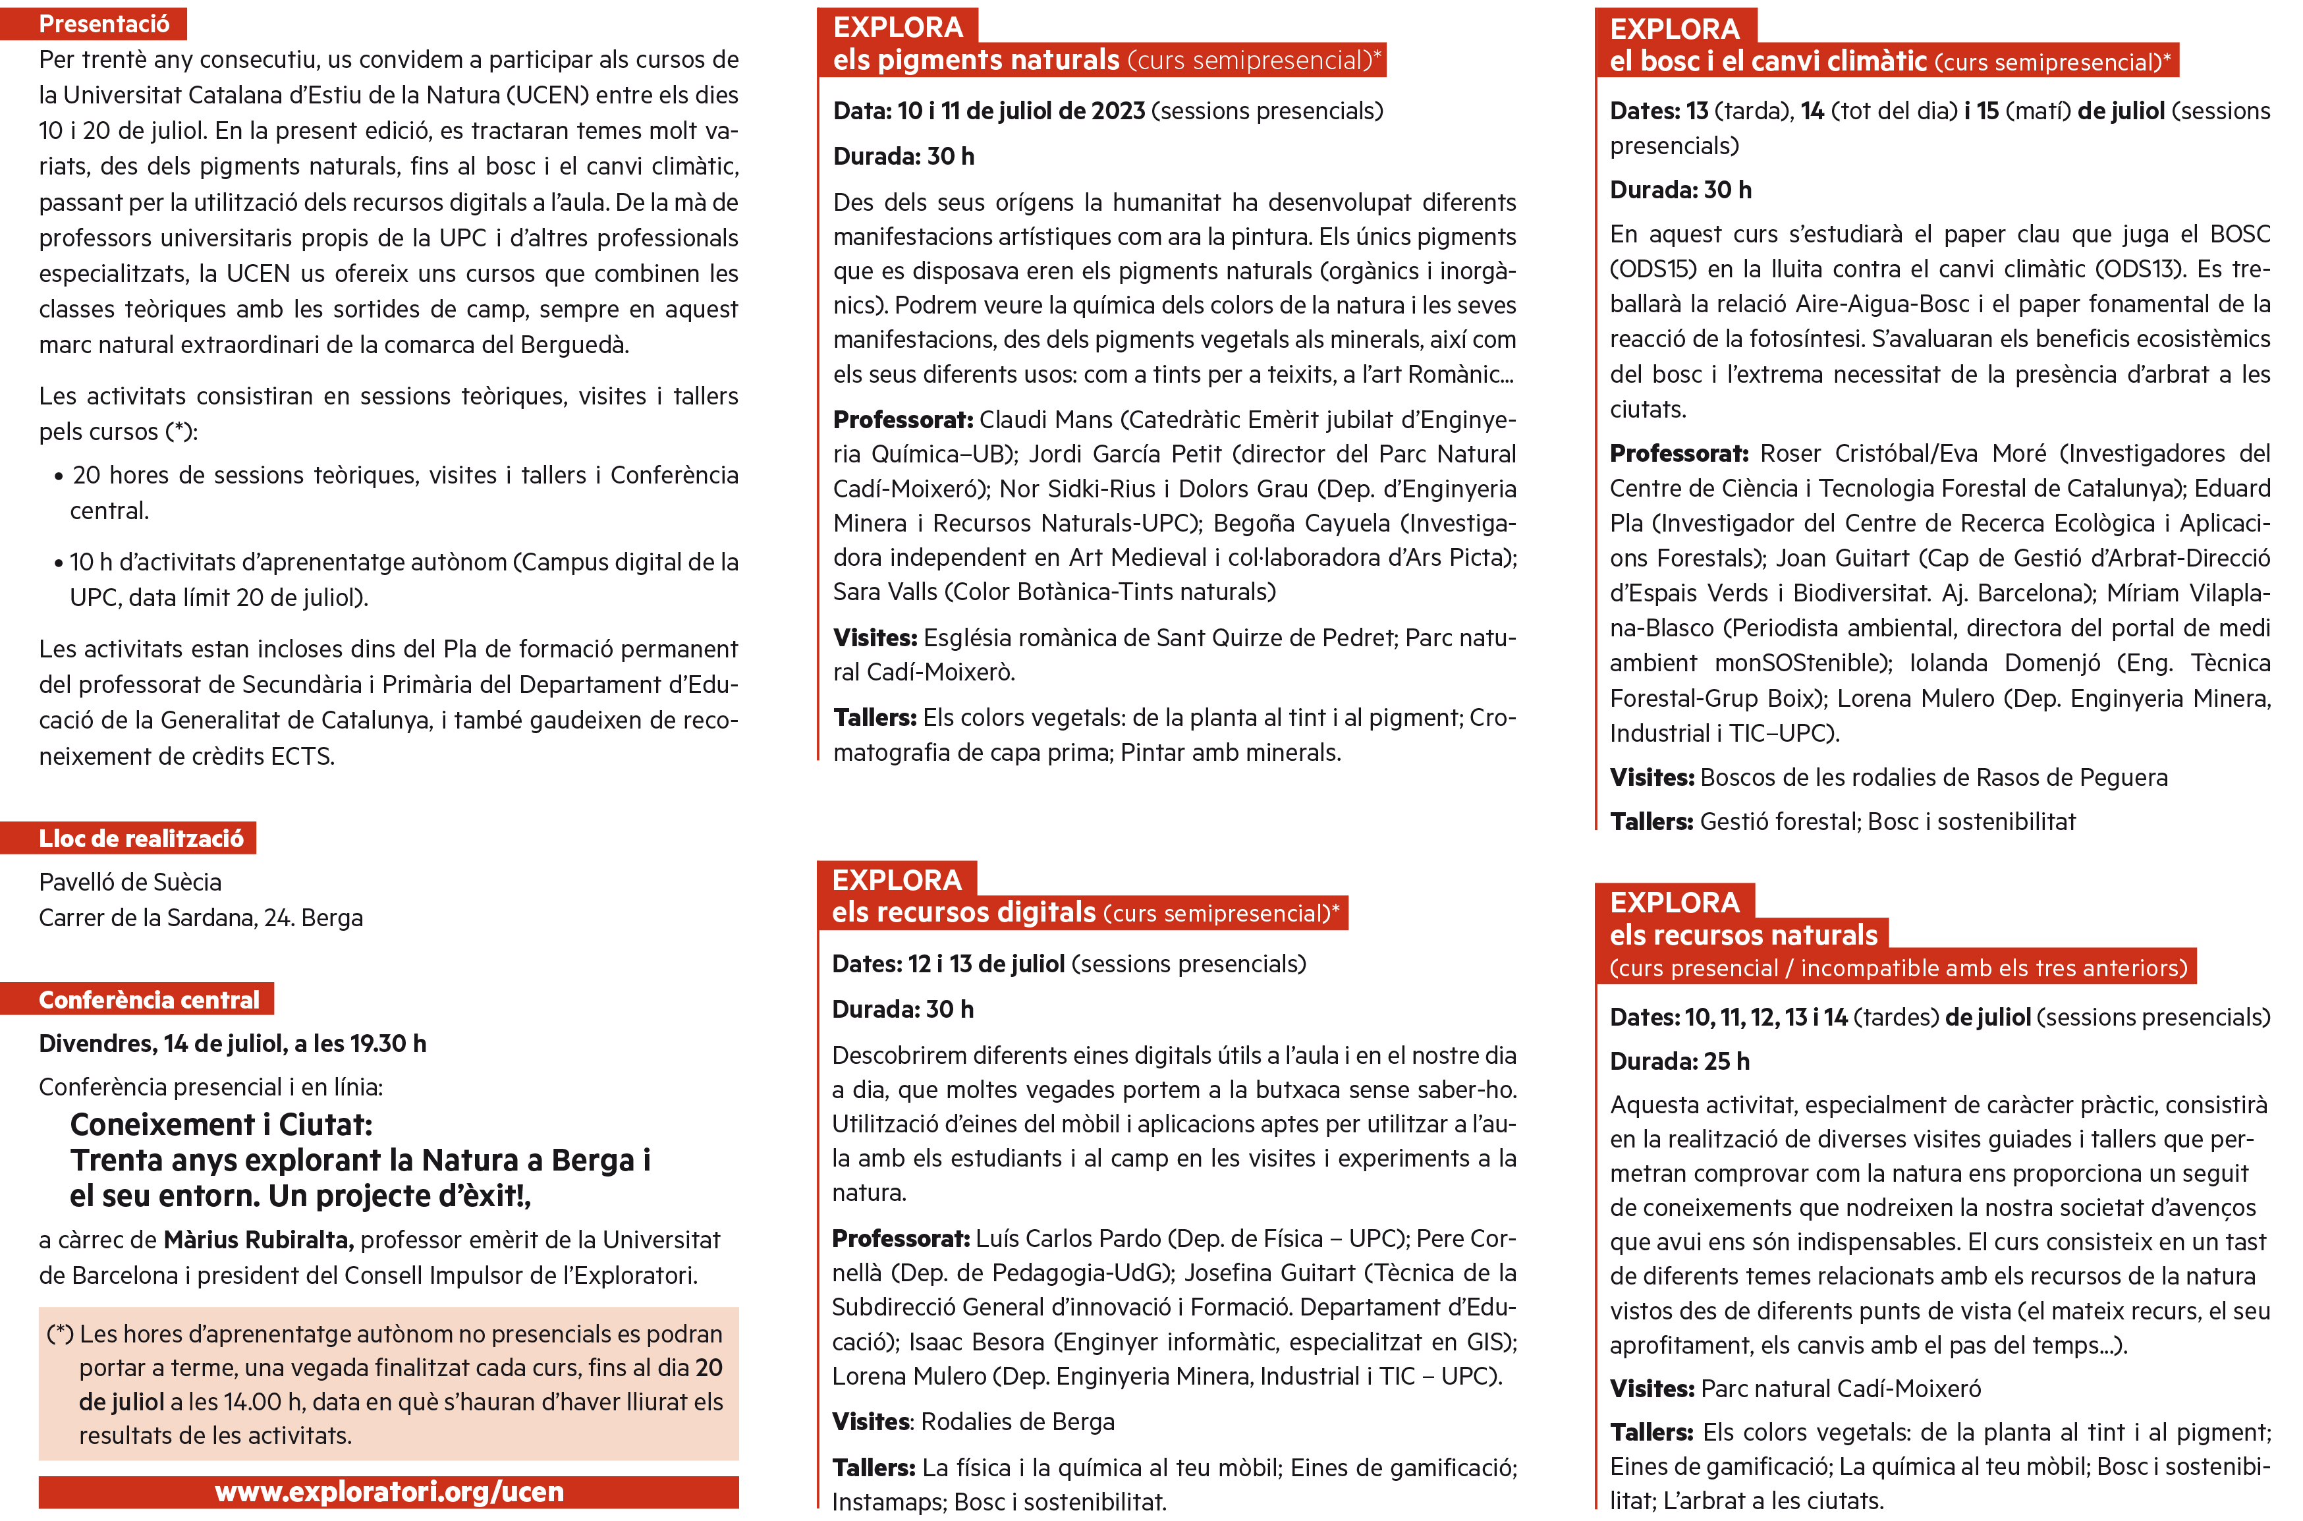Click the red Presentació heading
coord(104,23)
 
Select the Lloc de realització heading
coord(141,838)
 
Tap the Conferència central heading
coord(148,999)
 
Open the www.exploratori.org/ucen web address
coord(389,1491)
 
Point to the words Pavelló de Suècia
coord(130,882)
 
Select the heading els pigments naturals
coord(976,60)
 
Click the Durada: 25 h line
coord(1679,1061)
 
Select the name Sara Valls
coord(885,592)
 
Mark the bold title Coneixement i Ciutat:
coord(221,1124)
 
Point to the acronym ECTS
coord(301,756)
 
